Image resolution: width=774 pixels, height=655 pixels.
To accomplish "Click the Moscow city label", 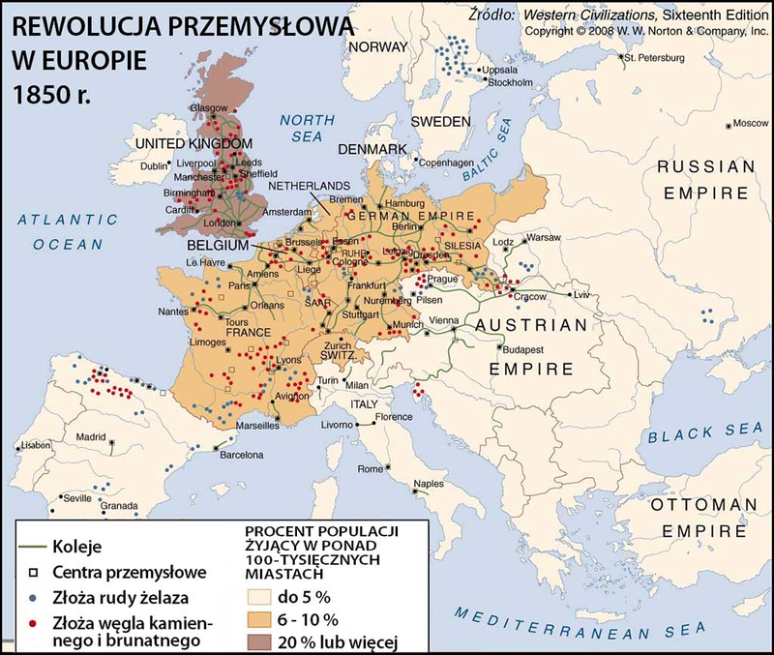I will pyautogui.click(x=750, y=124).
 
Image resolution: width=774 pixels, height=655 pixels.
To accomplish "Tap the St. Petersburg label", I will pyautogui.click(x=655, y=58).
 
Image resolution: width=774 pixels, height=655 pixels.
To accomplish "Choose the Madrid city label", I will pyautogui.click(x=92, y=436).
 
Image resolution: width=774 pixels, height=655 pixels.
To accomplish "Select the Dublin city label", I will pyautogui.click(x=154, y=166).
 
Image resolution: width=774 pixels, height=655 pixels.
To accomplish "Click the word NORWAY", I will pyautogui.click(x=378, y=47).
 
